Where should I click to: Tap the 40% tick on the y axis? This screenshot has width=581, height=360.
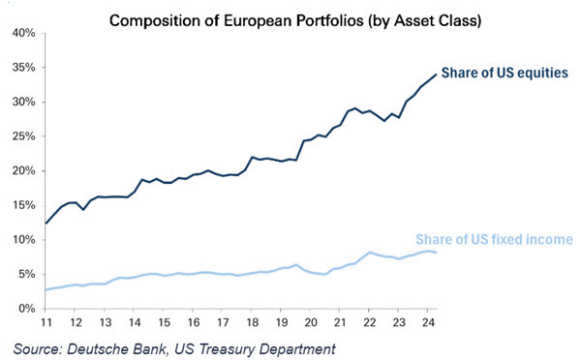23,33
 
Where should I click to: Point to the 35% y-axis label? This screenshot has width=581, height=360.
23,68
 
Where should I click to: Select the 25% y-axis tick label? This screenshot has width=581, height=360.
23,136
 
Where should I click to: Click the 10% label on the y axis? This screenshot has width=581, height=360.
23,240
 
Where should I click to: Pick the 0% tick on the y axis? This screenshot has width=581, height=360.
26,309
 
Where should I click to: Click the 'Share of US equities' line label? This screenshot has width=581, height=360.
505,73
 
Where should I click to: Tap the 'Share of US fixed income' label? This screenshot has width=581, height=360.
494,240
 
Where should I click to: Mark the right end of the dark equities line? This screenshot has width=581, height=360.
436,75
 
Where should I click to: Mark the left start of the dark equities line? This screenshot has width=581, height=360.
46,224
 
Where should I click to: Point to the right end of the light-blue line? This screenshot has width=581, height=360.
436,253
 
